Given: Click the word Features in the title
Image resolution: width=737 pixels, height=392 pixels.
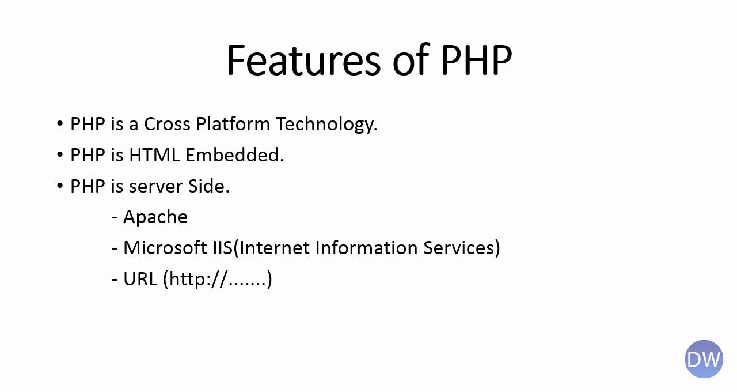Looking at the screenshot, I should [303, 60].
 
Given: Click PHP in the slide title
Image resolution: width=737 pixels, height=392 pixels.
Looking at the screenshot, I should [476, 60].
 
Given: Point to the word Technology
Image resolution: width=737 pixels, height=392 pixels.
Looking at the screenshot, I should [326, 125].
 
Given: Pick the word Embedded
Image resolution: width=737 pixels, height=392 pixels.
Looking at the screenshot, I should [234, 155].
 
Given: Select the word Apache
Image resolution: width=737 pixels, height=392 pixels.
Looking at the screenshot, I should [155, 217].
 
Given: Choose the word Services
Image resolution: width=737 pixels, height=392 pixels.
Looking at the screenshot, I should [459, 248].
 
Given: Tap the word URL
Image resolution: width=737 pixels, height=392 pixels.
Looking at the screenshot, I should [140, 279].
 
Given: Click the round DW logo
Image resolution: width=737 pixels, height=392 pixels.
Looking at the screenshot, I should [704, 359].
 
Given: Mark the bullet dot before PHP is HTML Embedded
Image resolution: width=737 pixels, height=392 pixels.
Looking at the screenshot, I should [60, 155].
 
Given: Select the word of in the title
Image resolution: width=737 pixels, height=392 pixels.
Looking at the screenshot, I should [410, 60].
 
